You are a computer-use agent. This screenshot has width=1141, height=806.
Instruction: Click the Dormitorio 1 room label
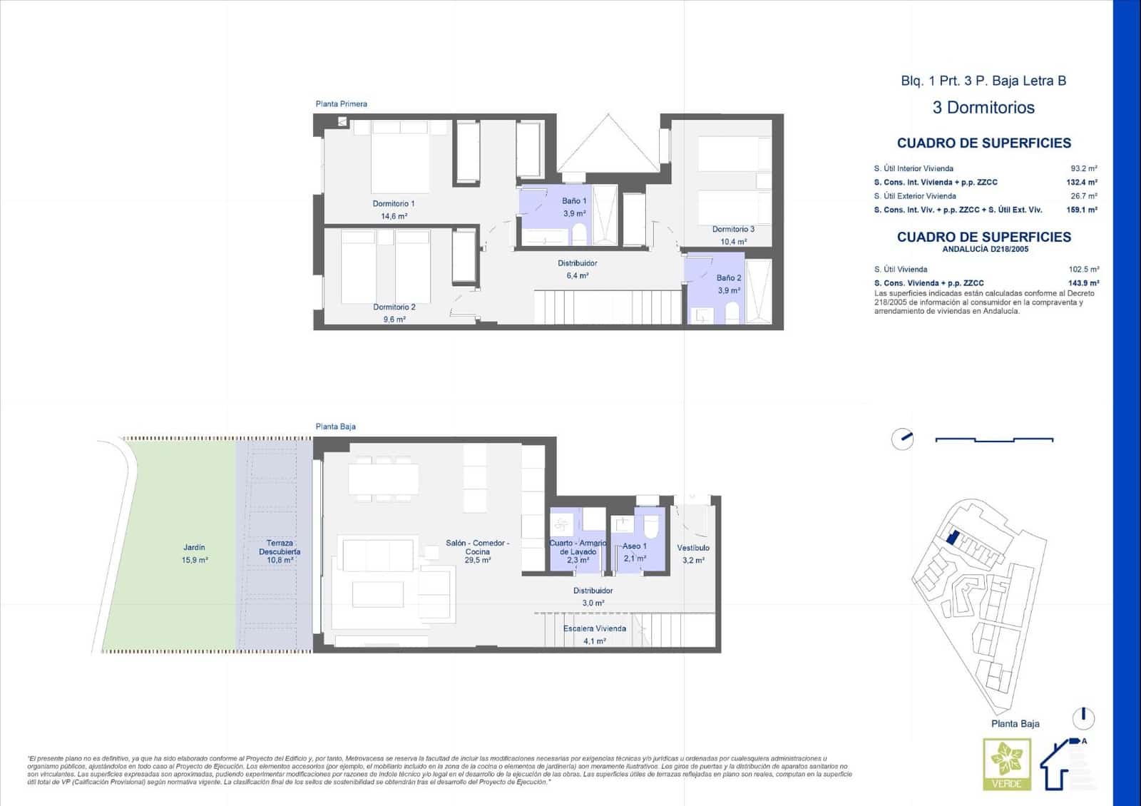pos(393,204)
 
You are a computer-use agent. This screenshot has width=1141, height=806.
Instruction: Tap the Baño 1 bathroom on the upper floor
pos(574,207)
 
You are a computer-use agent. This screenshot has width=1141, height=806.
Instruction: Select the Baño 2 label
pos(729,278)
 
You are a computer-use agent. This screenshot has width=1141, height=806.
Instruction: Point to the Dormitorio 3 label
pos(733,230)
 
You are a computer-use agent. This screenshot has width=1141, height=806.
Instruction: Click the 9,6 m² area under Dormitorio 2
pos(394,320)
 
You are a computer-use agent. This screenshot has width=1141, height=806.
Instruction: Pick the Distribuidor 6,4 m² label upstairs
pos(577,269)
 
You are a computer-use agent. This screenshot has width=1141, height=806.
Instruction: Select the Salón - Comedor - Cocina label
pos(477,547)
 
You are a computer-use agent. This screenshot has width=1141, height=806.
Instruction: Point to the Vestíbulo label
pos(693,548)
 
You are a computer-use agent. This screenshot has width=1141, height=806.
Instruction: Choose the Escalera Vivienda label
pos(594,628)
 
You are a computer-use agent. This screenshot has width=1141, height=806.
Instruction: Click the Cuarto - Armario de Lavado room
pos(578,547)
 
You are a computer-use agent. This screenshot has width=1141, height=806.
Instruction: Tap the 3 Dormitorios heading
pos(983,108)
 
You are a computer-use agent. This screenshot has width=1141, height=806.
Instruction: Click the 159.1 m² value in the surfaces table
pos(1081,210)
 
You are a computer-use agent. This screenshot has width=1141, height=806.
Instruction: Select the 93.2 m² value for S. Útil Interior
pos(1083,169)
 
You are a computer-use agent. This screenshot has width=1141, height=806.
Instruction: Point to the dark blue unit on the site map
pos(951,537)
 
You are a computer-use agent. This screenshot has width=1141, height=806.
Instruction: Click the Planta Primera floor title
pos(342,104)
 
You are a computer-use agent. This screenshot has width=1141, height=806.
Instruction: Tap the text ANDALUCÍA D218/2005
pos(985,250)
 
